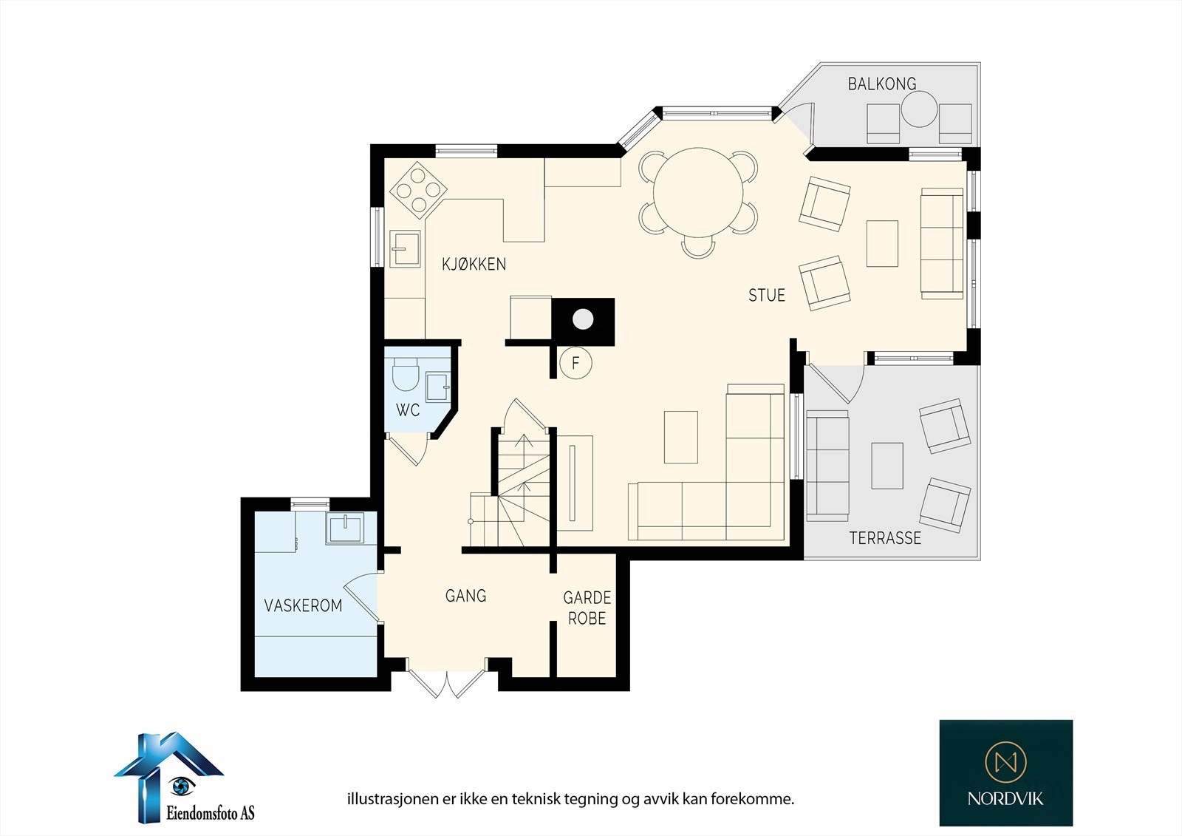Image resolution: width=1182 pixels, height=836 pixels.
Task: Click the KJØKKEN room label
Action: click(474, 264)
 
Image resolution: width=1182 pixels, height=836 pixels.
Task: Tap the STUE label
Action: click(767, 295)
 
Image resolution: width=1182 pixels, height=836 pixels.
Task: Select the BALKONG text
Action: click(882, 84)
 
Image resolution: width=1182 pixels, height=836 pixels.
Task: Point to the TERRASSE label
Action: click(885, 538)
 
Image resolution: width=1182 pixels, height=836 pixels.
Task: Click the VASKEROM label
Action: click(303, 605)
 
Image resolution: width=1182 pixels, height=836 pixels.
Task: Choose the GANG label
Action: click(465, 596)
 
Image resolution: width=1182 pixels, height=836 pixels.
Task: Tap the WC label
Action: click(407, 409)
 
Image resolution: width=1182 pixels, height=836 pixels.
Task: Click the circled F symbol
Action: click(575, 363)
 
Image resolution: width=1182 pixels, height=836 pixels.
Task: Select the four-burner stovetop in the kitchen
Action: click(418, 190)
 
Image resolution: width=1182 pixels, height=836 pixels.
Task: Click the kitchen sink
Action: click(406, 249)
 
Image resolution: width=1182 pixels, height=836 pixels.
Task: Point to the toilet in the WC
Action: click(406, 374)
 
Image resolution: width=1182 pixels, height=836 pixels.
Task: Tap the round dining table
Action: click(698, 192)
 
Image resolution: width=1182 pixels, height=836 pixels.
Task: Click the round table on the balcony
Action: click(919, 109)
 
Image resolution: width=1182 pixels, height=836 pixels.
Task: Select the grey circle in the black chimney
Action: click(583, 319)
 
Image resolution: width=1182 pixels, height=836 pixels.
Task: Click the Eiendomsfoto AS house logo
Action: click(169, 777)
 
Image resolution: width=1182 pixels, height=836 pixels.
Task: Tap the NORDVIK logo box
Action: click(1005, 772)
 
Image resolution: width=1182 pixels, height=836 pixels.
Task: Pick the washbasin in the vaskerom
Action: click(344, 528)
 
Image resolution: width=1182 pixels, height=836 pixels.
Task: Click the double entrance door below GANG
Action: click(446, 684)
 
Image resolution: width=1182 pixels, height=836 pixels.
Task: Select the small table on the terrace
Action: click(887, 465)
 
